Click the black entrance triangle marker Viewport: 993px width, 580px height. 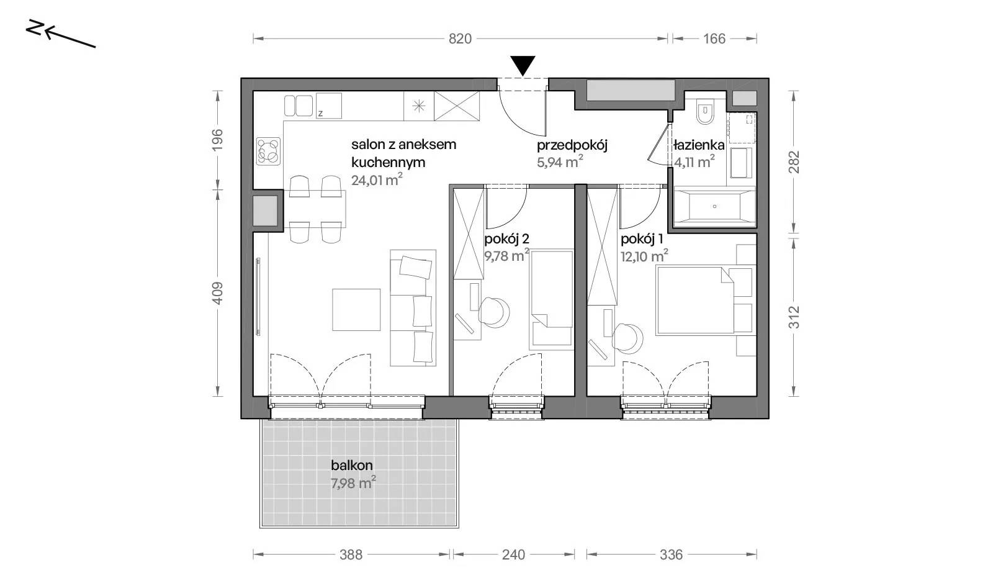point(523,65)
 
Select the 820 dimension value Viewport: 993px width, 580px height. point(460,39)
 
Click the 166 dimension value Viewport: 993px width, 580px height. point(714,39)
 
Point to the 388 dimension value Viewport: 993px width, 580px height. point(351,555)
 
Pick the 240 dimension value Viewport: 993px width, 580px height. point(513,555)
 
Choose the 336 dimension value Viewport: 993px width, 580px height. point(671,555)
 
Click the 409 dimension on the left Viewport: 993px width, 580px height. point(217,293)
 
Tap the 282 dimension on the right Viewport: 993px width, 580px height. point(794,162)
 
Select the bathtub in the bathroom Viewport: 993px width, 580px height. point(714,207)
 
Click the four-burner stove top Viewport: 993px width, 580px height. point(269,151)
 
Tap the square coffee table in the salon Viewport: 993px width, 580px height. point(356,309)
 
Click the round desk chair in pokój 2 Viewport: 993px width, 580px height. point(493,312)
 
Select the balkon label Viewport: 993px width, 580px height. point(351,465)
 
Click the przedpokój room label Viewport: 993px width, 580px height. point(572,145)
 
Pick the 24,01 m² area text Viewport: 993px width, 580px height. point(377,180)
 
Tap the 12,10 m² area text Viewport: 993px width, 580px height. point(644,256)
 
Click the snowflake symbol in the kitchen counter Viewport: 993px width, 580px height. point(418,106)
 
